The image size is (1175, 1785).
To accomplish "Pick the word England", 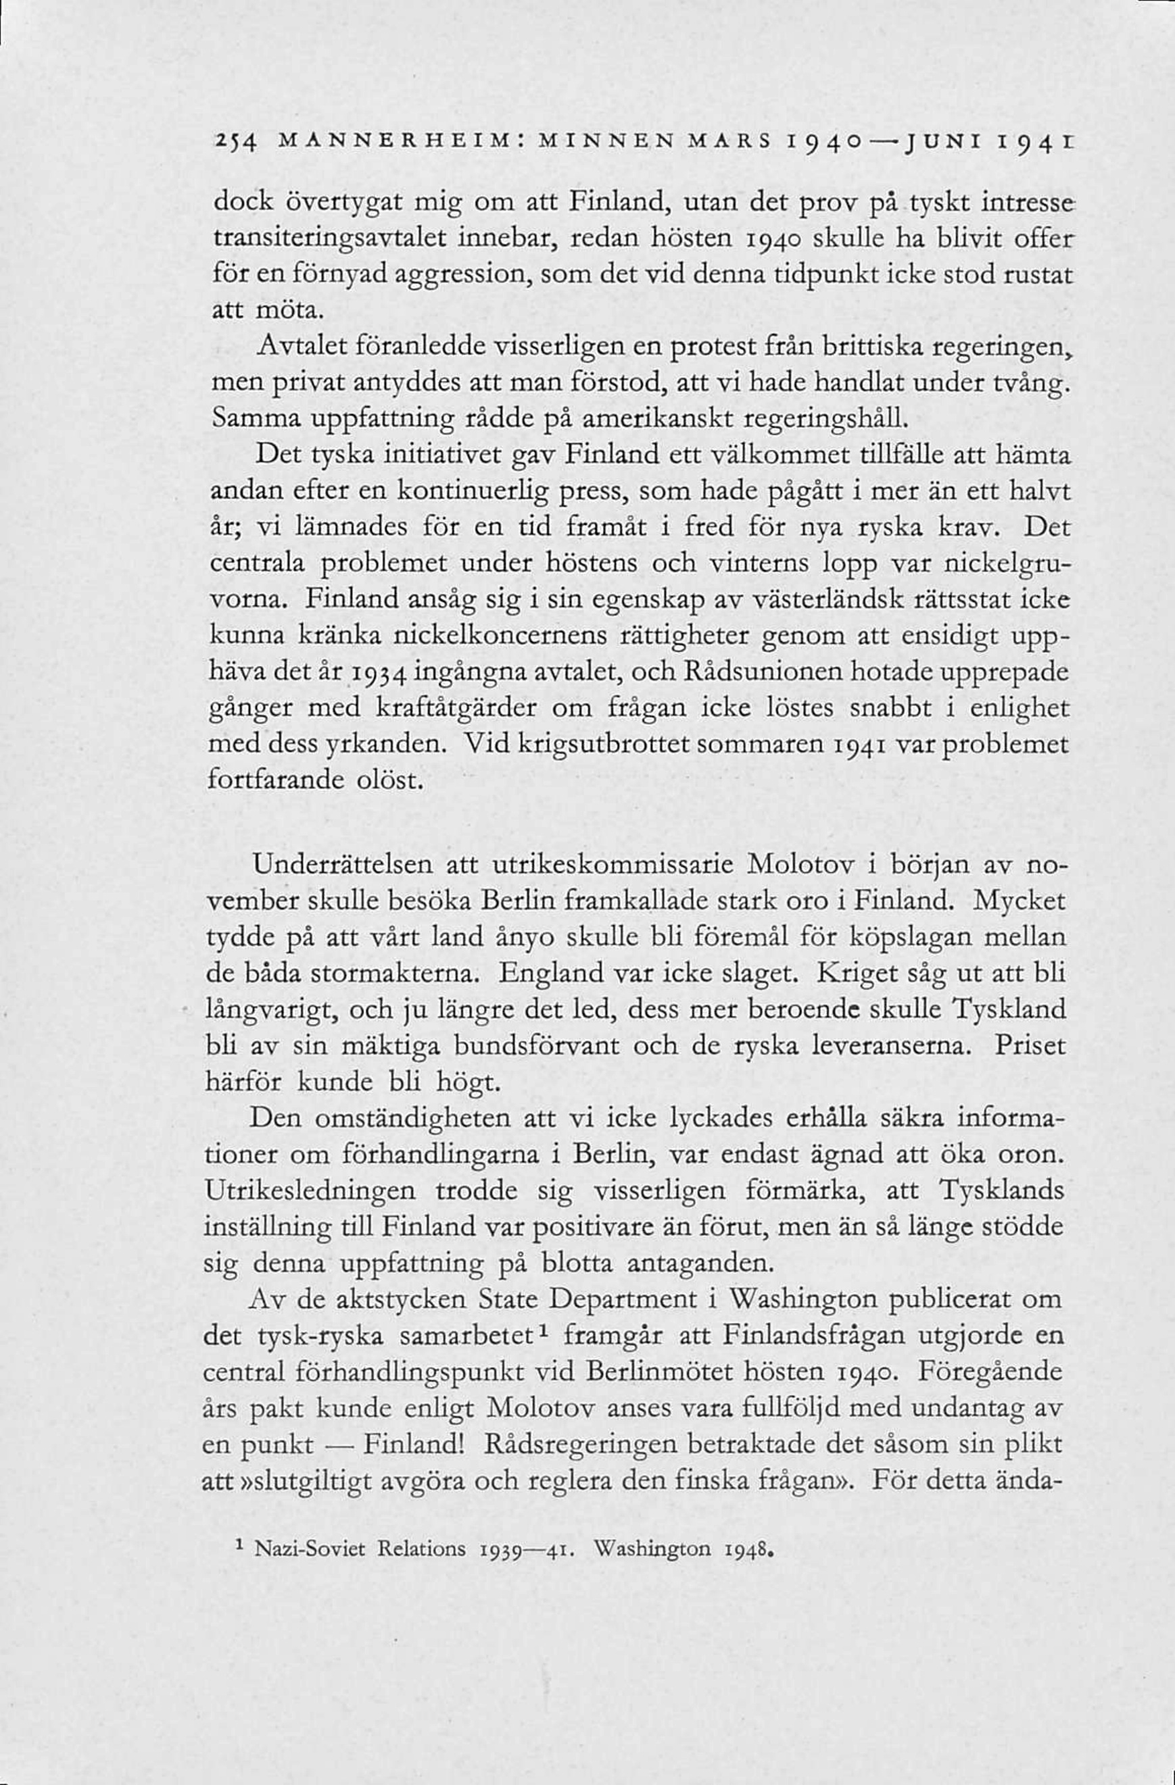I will click(x=542, y=974).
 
